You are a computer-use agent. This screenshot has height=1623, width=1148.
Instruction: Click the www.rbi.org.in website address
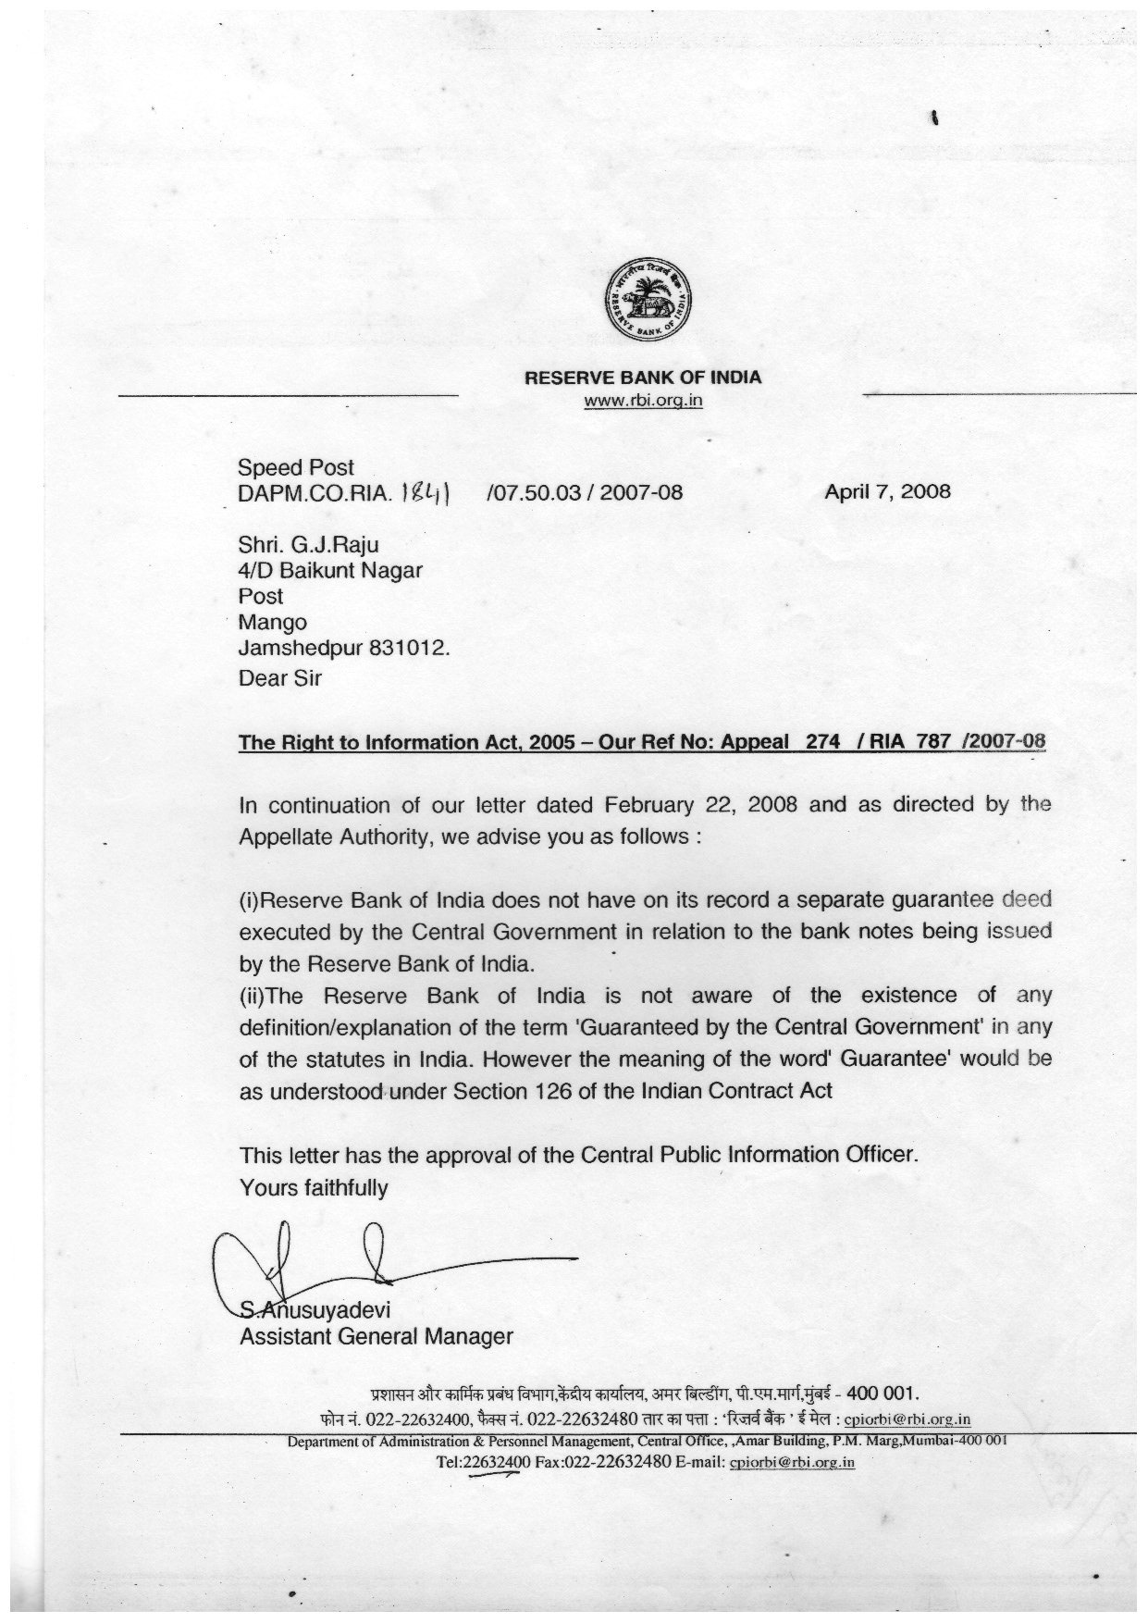coord(643,402)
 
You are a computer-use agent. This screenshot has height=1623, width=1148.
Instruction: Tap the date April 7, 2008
coord(887,491)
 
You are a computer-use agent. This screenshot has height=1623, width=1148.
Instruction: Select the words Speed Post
coord(296,468)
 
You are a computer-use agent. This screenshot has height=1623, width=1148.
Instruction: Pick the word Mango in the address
coord(273,623)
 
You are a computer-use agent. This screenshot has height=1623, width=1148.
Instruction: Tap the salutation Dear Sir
coord(280,678)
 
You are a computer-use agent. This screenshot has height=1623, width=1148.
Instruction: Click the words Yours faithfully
coord(314,1187)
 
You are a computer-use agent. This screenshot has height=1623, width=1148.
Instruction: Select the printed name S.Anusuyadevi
coord(315,1310)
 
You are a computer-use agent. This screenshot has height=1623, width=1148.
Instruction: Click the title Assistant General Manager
coord(376,1337)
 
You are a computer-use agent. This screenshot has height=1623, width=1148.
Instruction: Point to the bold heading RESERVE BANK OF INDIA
coord(643,378)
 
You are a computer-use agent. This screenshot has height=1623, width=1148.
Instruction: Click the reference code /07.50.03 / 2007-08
coord(584,492)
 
